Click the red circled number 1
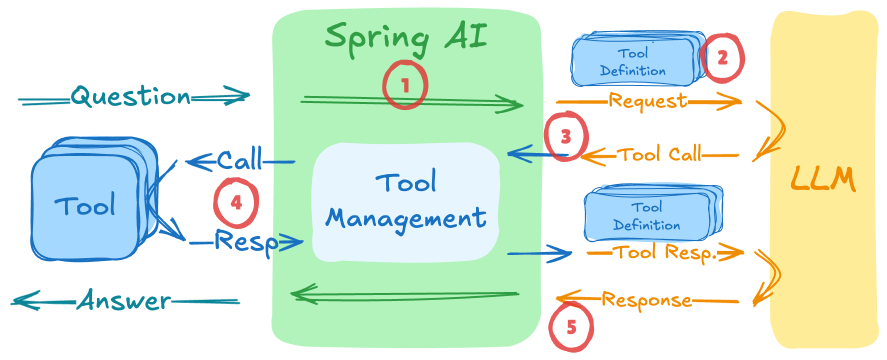(405, 85)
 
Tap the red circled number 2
(722, 58)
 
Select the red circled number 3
(565, 136)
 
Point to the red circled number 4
(236, 202)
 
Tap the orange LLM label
(823, 179)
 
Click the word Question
(131, 96)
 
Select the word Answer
(124, 300)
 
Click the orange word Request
(647, 101)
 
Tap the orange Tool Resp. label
(665, 252)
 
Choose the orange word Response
(646, 300)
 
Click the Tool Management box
(405, 202)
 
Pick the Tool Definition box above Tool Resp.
(647, 215)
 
